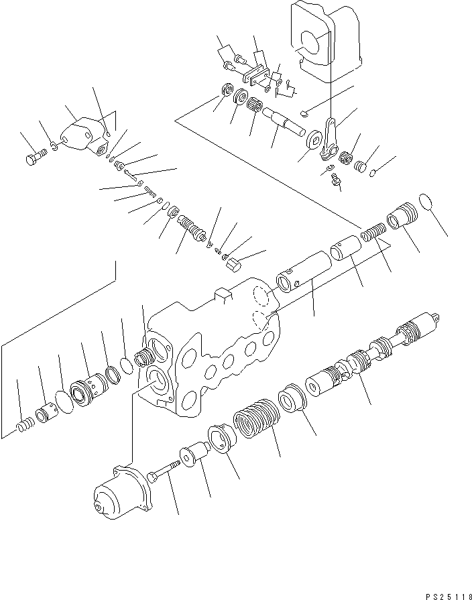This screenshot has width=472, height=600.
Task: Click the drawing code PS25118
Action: pyautogui.click(x=445, y=593)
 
